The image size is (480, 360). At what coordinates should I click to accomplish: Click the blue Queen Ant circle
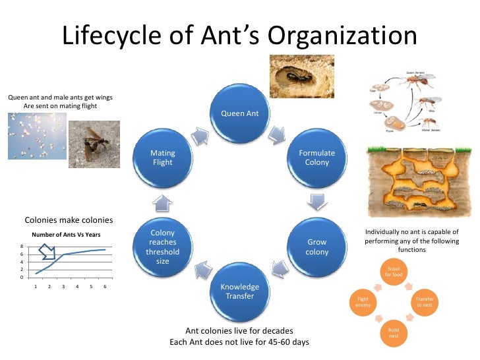pos(240,113)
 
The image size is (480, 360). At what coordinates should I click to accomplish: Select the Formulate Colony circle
pos(317,158)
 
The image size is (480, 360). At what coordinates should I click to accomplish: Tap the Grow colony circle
pos(317,247)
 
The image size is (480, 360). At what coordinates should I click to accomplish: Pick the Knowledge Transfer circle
pos(240,291)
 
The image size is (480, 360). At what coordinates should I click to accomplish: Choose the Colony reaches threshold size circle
pos(163,247)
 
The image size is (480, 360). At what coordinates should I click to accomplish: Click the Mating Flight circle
pos(163,158)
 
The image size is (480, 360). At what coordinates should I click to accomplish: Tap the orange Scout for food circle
pos(393,272)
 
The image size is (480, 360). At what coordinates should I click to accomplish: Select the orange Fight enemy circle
pos(363,301)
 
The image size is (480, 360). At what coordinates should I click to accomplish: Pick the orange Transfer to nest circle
pos(424,301)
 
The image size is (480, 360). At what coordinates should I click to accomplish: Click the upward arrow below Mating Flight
pos(163,202)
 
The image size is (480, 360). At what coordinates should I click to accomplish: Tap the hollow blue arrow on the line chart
pos(47,251)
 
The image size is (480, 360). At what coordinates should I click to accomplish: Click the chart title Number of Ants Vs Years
pos(67,235)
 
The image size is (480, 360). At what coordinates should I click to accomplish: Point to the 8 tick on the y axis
pos(22,247)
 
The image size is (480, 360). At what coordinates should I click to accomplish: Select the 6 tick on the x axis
pos(105,287)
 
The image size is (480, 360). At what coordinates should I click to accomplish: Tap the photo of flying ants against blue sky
pos(37,136)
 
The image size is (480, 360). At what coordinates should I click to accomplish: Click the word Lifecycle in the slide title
pos(105,36)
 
